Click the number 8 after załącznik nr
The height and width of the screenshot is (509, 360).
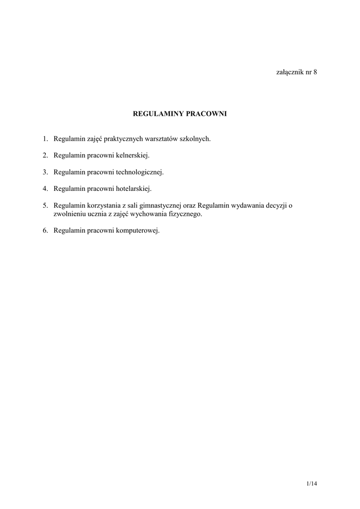[x=315, y=72]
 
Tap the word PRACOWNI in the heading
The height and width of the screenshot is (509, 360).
[x=206, y=114]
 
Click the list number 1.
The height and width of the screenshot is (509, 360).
[x=44, y=139]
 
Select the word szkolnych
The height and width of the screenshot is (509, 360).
[x=195, y=139]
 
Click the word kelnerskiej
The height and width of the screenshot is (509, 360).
[x=132, y=156]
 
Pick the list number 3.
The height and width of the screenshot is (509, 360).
[x=44, y=172]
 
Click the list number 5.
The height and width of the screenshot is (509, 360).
[x=44, y=206]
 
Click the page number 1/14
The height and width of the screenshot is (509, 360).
[x=312, y=483]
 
